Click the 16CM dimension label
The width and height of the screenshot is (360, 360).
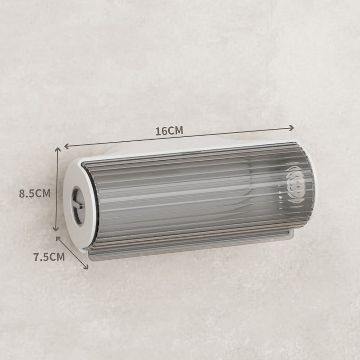pyautogui.click(x=169, y=130)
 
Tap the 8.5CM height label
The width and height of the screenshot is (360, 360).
pyautogui.click(x=35, y=193)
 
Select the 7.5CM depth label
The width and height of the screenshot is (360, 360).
pyautogui.click(x=49, y=257)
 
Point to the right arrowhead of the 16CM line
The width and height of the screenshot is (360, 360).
pyautogui.click(x=291, y=128)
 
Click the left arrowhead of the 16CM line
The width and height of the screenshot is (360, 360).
pyautogui.click(x=67, y=146)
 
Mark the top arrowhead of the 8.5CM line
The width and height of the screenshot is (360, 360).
pyautogui.click(x=58, y=150)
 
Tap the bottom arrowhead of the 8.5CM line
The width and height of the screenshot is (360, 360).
pyautogui.click(x=55, y=229)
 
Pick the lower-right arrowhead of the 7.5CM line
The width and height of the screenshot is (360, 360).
pyautogui.click(x=86, y=266)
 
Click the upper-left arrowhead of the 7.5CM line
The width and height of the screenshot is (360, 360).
pyautogui.click(x=58, y=239)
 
